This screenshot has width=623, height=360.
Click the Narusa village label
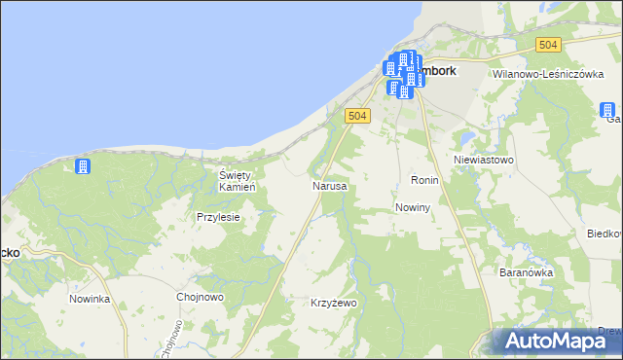pos(329,185)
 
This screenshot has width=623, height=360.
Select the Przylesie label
pos(218,218)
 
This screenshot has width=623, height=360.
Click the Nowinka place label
pos(90,299)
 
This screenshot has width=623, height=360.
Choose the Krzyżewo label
pos(334,304)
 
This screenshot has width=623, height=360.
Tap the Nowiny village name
pos(414,208)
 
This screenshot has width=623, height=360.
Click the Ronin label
pos(425,181)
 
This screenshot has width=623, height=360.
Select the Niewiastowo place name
pos(484,159)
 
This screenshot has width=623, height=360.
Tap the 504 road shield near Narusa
pos(358,116)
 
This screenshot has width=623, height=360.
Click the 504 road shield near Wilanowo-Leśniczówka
pos(549,45)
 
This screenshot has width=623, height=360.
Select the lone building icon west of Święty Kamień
pos(83,166)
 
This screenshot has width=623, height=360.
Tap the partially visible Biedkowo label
pos(605,234)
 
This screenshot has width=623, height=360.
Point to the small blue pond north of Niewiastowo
pos(468,135)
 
